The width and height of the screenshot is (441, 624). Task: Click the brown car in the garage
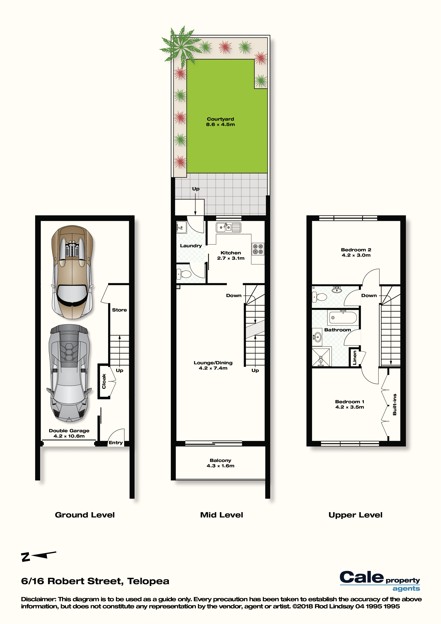tap(72, 272)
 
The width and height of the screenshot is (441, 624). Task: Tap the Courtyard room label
tap(220, 119)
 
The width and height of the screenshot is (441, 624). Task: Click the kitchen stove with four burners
tap(258, 249)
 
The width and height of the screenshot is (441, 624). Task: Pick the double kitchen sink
tap(229, 228)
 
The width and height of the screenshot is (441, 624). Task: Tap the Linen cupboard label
tap(355, 357)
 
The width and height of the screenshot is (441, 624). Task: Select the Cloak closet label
tap(104, 381)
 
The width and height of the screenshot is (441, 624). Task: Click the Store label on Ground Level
tap(119, 310)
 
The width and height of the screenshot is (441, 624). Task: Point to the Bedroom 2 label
tap(356, 250)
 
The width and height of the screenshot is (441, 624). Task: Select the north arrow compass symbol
tap(38, 556)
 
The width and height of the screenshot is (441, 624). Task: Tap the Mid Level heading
tap(221, 515)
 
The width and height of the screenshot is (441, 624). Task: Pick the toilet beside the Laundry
tap(184, 274)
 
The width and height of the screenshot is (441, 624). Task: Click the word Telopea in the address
tap(148, 581)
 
